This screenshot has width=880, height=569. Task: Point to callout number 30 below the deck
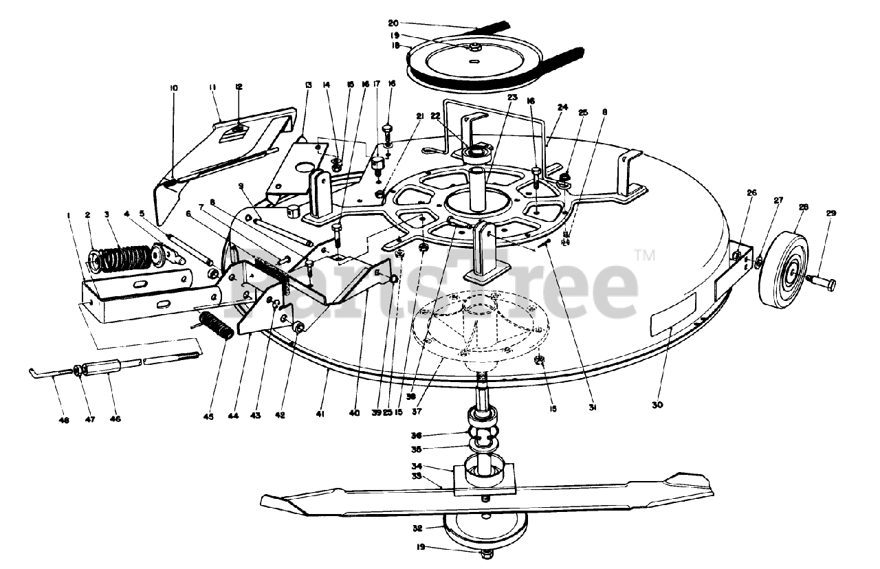tap(657, 405)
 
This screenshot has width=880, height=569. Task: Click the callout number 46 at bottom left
tap(115, 418)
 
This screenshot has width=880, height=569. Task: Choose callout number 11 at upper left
tap(213, 87)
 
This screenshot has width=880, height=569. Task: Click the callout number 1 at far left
tap(69, 216)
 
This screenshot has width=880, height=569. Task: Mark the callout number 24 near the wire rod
tap(563, 107)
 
